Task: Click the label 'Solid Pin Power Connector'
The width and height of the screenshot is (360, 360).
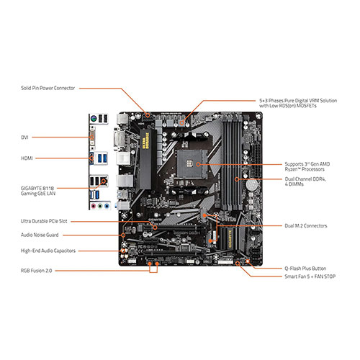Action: point(48,88)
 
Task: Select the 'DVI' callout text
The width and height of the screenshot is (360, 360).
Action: point(24,138)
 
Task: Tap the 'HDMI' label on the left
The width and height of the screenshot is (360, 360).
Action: point(27,158)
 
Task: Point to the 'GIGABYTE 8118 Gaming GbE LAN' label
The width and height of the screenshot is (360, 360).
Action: point(38,191)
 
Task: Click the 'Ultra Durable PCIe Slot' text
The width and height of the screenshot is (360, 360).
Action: point(44,221)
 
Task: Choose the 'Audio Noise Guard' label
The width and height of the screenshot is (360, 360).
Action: point(40,235)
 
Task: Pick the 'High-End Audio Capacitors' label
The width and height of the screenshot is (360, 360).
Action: point(48,251)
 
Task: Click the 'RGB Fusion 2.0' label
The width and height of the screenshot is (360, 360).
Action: point(36,271)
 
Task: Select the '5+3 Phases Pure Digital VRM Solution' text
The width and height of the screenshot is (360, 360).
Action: point(298,101)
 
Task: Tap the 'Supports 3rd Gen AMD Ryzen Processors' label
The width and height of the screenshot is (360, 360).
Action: point(307,166)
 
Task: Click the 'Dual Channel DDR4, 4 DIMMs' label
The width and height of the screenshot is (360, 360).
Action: point(305,181)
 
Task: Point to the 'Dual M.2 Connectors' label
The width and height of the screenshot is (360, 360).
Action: point(306,225)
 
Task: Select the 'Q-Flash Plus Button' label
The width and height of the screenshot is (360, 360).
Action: point(305,269)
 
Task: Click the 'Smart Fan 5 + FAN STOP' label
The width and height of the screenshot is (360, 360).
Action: point(310,276)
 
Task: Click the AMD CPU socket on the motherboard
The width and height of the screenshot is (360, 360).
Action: point(192,164)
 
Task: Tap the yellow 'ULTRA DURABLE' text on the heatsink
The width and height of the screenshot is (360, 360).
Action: point(145,140)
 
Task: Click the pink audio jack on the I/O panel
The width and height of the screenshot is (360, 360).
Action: point(94,206)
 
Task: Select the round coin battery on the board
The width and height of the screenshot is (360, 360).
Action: point(252,185)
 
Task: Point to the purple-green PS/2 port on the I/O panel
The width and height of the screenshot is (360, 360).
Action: point(94,118)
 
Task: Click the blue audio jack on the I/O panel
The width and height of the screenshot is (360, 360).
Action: point(107,206)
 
